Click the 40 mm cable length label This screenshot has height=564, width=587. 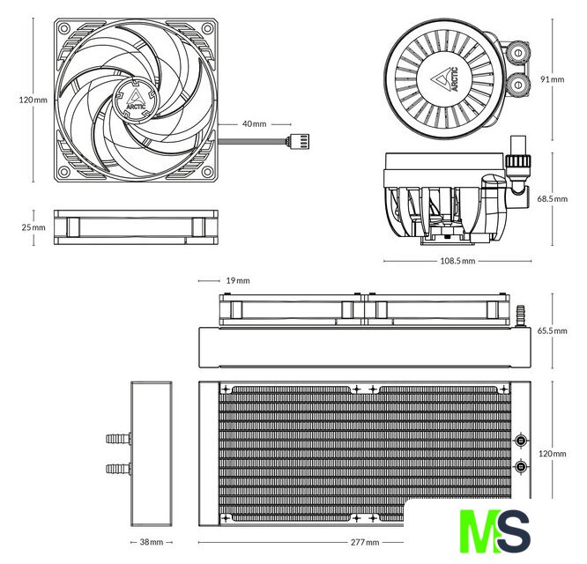(x=254, y=124)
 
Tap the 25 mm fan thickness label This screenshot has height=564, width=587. (x=33, y=227)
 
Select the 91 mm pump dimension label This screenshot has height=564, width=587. (x=552, y=79)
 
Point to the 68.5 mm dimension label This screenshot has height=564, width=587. (x=553, y=199)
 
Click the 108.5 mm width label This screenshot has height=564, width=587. (x=457, y=261)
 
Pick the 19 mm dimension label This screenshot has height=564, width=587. (x=238, y=281)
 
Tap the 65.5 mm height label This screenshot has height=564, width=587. (x=553, y=330)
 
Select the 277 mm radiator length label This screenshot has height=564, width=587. (x=365, y=542)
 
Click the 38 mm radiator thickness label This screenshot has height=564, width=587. (x=152, y=542)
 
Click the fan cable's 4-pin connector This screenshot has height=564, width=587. (x=298, y=142)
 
